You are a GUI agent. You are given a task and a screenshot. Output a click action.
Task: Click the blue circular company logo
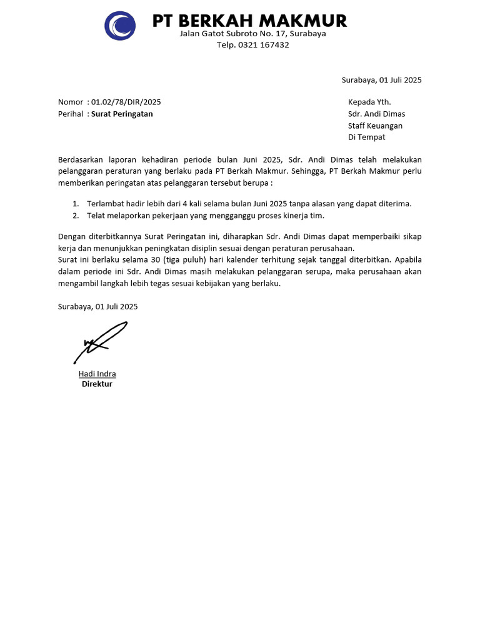click(x=120, y=26)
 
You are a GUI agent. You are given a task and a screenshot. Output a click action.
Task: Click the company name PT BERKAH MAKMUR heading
click(x=249, y=21)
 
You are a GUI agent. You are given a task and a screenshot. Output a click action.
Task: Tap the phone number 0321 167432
click(x=262, y=45)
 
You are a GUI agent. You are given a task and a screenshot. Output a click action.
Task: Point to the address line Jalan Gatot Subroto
click(x=252, y=34)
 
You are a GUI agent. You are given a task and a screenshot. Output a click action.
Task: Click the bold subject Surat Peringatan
click(x=122, y=114)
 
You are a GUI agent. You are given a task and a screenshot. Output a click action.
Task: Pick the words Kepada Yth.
click(x=369, y=102)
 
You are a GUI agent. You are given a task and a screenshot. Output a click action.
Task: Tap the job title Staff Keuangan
click(x=375, y=126)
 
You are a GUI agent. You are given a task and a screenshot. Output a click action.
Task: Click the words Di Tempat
click(x=367, y=137)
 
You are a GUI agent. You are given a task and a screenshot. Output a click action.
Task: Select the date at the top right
click(x=381, y=80)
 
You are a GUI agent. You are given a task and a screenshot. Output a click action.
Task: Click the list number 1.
click(x=76, y=204)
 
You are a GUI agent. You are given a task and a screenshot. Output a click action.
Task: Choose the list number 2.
click(x=76, y=216)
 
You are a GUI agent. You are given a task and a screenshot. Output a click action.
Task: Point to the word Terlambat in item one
click(x=104, y=204)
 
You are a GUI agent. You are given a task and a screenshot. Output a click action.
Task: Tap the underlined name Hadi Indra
click(x=97, y=374)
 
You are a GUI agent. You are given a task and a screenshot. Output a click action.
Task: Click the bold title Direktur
click(x=97, y=384)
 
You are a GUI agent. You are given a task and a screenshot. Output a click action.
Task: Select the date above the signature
click(x=97, y=306)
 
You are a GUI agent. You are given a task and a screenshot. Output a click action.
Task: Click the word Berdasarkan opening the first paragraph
click(x=82, y=160)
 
